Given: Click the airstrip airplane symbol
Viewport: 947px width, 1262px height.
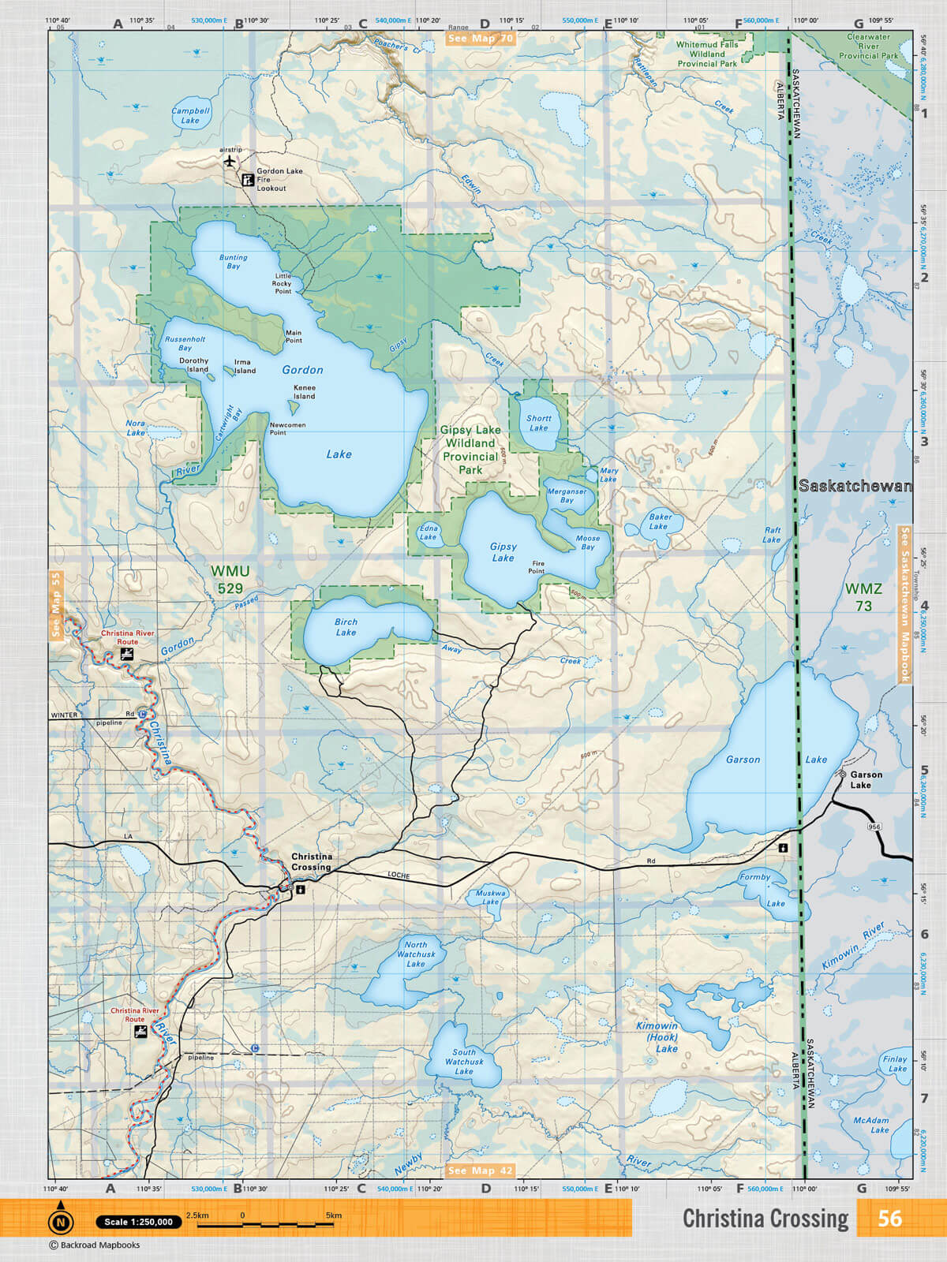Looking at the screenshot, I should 230,162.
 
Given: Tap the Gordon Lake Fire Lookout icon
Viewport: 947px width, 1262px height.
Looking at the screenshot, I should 247,180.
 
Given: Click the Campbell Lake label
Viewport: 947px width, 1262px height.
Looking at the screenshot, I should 190,116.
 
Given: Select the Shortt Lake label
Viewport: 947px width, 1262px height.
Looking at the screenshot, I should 539,424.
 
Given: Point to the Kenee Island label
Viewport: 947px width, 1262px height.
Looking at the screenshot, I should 305,392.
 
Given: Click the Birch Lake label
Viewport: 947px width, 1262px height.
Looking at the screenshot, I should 346,627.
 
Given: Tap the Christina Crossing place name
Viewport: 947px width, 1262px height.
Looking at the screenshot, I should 312,861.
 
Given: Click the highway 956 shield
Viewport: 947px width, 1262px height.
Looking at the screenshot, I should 873,826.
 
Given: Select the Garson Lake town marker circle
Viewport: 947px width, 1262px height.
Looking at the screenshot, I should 843,775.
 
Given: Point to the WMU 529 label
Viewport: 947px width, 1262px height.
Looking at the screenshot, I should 230,579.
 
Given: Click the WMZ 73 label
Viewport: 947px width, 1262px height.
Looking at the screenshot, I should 863,597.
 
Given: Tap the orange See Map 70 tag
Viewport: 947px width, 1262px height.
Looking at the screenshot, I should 480,38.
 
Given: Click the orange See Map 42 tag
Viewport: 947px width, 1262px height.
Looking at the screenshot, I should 480,1171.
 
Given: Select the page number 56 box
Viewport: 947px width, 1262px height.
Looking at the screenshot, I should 889,1219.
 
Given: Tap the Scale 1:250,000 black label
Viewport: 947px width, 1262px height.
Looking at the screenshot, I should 138,1222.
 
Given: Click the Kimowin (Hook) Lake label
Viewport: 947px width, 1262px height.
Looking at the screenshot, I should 657,1037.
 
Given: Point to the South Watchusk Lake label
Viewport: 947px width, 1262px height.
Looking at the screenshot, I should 464,1062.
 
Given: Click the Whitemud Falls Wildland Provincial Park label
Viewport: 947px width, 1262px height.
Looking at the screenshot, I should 707,54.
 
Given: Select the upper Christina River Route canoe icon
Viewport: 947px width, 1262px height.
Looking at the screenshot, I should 126,655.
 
